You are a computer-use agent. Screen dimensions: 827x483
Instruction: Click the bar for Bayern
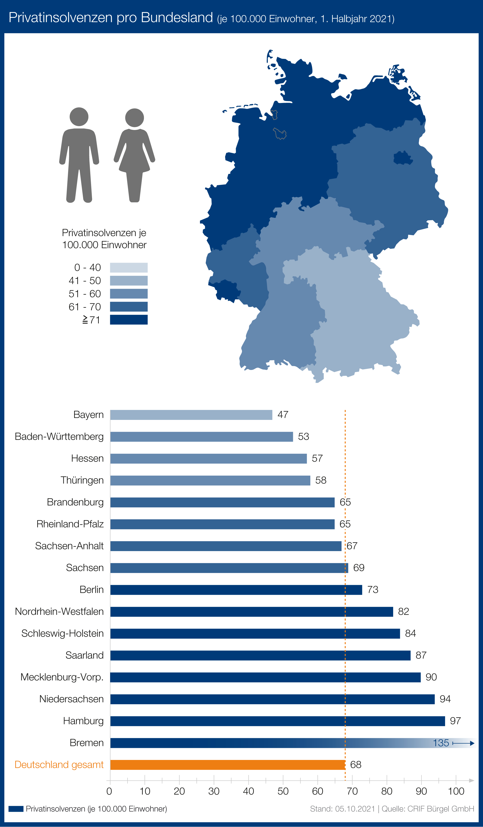[x=191, y=415]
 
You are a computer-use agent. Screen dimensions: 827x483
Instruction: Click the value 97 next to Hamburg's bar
[x=455, y=721]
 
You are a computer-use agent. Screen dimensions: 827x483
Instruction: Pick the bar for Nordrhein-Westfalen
[x=251, y=612]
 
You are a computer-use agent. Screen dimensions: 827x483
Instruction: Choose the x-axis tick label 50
[x=283, y=791]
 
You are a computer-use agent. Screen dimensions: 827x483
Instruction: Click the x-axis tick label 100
[x=456, y=791]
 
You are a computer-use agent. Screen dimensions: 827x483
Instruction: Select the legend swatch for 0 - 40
[x=128, y=267]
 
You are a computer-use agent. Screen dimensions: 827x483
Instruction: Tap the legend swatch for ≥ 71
[x=128, y=320]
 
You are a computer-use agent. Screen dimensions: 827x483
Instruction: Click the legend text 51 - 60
[x=85, y=294]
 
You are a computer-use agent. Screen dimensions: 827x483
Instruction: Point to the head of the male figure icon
[x=79, y=116]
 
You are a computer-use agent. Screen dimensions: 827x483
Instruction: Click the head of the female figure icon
[x=134, y=117]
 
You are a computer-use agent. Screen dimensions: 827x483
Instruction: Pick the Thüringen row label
[x=82, y=480]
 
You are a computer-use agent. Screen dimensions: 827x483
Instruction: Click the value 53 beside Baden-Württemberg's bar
[x=303, y=437]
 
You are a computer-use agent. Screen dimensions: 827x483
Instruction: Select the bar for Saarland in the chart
[x=260, y=655]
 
